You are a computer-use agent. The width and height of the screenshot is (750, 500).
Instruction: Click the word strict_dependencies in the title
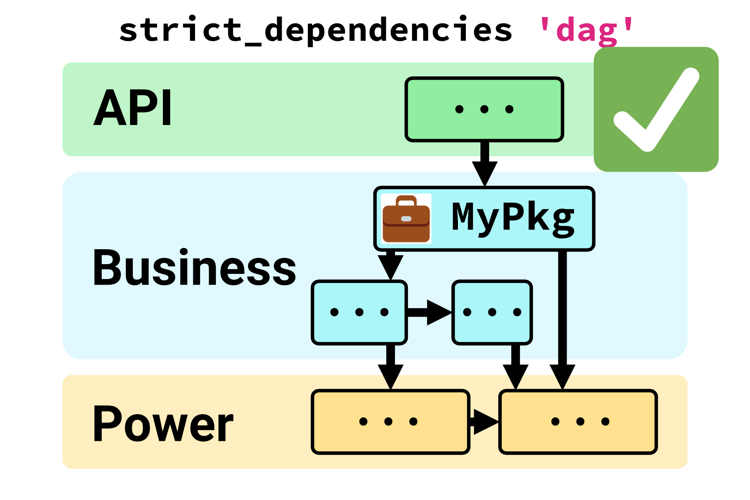coord(315,30)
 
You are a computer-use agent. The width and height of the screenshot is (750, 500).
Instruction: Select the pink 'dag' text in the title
coord(586,30)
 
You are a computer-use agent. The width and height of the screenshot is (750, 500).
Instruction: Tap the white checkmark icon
coord(656,109)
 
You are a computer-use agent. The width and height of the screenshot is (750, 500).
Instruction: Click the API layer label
coord(132,108)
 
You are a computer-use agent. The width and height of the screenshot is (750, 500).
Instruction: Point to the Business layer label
coord(194,267)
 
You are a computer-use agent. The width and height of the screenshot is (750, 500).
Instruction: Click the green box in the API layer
coord(484,109)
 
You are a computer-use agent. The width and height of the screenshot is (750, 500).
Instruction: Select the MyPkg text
coord(513,217)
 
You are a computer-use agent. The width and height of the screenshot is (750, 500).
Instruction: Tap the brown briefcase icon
coord(406,219)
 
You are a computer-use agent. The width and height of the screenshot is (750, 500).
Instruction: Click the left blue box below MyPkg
coord(359,312)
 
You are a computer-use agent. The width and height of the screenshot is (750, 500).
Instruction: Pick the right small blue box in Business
coord(492,312)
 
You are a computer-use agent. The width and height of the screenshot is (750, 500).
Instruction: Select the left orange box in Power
coord(390,422)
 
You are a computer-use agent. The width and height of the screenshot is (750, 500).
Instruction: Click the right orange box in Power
coord(578,422)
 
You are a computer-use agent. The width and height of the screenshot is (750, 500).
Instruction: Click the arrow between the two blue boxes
coord(429,312)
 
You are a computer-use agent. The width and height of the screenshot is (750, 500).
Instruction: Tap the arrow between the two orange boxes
coord(484,422)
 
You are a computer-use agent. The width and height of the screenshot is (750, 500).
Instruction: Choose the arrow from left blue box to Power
coord(390,367)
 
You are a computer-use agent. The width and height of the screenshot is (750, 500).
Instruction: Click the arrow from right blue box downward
coord(515,367)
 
